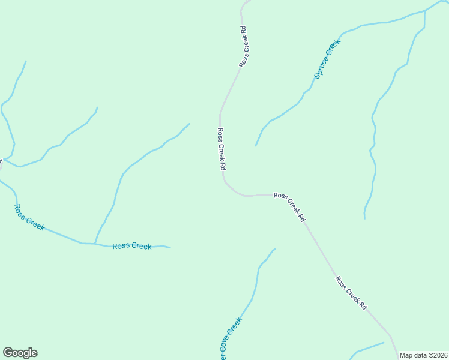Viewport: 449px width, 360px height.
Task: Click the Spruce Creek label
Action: tap(327, 59)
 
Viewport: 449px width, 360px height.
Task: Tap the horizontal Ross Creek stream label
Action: tap(132, 246)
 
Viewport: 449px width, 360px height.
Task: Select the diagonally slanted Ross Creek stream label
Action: tap(29, 217)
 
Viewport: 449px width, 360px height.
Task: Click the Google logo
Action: tap(20, 353)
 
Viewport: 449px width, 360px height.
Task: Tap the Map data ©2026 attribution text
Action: tap(423, 355)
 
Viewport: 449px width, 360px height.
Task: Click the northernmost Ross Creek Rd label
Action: tap(243, 46)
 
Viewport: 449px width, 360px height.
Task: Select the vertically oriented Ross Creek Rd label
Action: tap(221, 148)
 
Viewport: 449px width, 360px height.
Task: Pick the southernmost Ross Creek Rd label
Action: tap(351, 293)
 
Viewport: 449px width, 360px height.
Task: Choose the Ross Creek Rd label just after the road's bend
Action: tap(290, 207)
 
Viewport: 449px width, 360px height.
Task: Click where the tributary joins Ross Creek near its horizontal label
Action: tap(95, 243)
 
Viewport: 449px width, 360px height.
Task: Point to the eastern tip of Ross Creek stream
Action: tap(170, 247)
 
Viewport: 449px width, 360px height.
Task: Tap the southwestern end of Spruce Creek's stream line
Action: tap(256, 146)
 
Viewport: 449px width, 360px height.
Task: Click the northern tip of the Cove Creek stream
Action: tap(274, 249)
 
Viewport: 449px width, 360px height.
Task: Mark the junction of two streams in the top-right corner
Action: tap(424, 10)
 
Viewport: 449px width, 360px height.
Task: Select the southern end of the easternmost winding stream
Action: tap(364, 218)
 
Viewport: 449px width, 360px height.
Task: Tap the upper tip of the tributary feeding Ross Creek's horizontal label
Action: tap(190, 124)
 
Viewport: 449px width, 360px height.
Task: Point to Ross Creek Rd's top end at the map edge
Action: tap(247, 1)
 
